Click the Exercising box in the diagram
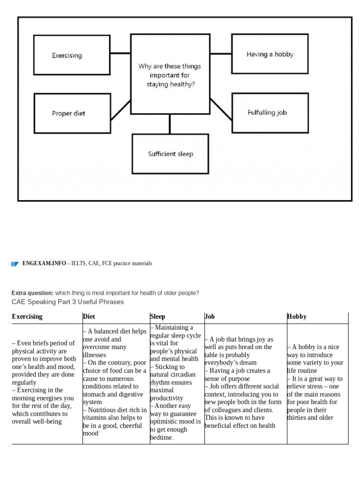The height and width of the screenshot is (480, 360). tap(72, 55)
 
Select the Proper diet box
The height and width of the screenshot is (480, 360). tap(72, 113)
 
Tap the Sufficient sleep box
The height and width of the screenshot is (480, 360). tap(170, 154)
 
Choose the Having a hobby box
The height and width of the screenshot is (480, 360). tap(270, 54)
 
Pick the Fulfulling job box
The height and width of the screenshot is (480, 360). tap(270, 112)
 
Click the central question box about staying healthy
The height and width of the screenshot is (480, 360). tap(170, 75)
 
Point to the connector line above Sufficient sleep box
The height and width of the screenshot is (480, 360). tap(170, 124)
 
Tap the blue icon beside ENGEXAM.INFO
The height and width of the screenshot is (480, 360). tap(15, 264)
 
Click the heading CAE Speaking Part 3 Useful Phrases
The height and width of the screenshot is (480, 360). tap(67, 302)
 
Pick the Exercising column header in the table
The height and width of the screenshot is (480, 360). tap(27, 316)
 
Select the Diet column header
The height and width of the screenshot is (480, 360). tap(89, 316)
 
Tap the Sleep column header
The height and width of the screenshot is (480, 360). tap(157, 316)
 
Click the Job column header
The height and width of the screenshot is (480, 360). tap(210, 316)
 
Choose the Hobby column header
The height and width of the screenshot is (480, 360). tap(297, 316)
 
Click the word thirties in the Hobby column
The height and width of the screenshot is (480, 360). tap(297, 418)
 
